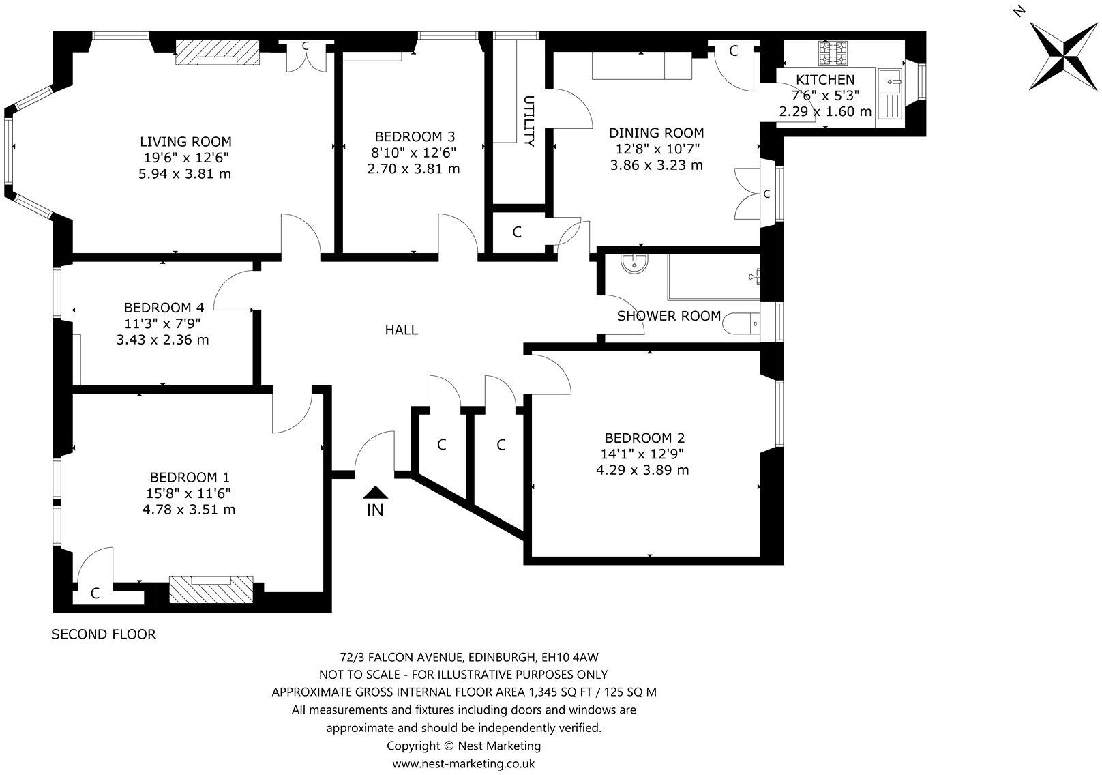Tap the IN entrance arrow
pyautogui.click(x=375, y=493)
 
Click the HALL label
pyautogui.click(x=401, y=330)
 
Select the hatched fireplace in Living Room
pyautogui.click(x=218, y=53)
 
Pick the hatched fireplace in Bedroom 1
pyautogui.click(x=211, y=589)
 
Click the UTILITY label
pyautogui.click(x=529, y=121)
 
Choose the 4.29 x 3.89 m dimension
pyautogui.click(x=642, y=470)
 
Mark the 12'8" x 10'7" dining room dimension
pyautogui.click(x=656, y=149)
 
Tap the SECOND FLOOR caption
pyautogui.click(x=104, y=634)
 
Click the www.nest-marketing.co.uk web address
pyautogui.click(x=464, y=763)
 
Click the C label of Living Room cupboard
pyautogui.click(x=306, y=46)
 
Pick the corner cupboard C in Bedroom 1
pyautogui.click(x=95, y=594)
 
